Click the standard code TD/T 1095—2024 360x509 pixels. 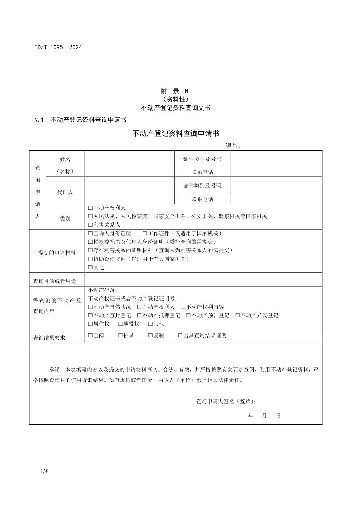58,47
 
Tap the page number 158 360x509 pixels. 44,471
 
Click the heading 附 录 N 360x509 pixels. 175,91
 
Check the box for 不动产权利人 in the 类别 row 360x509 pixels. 90,208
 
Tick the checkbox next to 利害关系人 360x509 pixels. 90,225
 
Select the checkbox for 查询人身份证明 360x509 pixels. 90,234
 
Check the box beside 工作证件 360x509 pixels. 145,234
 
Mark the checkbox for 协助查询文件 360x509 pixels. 90,259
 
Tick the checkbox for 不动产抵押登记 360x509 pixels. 139,316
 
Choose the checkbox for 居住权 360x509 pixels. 90,324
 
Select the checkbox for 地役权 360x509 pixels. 120,324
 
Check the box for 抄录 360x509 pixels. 120,336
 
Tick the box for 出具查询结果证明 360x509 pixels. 180,336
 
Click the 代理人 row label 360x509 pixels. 65,192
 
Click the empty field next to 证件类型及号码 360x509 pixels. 276,157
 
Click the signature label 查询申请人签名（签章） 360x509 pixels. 227,402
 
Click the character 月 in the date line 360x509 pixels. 264,416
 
